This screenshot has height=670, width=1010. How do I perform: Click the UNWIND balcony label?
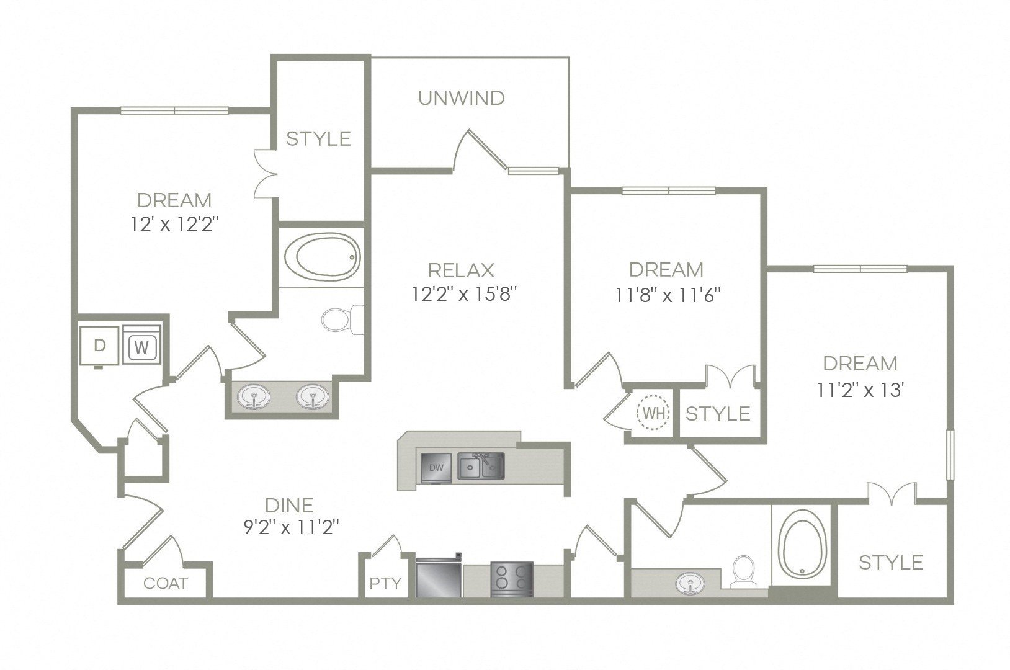[x=461, y=98]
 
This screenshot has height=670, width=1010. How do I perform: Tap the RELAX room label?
[x=461, y=270]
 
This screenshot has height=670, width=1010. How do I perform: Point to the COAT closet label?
[x=165, y=583]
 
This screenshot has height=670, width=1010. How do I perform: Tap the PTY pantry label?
[x=385, y=583]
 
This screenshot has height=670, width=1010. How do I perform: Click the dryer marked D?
[x=99, y=346]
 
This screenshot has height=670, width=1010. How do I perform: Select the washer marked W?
[x=142, y=347]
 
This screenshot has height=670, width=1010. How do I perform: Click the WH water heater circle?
[x=653, y=413]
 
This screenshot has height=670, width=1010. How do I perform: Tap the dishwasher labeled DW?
[x=437, y=467]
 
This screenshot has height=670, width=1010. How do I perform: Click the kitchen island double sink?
[x=481, y=466]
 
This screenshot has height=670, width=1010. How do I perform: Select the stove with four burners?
[x=512, y=579]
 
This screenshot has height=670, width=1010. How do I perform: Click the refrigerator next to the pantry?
[x=438, y=579]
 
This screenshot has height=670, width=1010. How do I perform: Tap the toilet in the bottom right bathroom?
[x=743, y=571]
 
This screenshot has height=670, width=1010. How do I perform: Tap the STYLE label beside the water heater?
[x=718, y=413]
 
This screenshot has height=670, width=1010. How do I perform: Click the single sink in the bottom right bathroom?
[x=690, y=584]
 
